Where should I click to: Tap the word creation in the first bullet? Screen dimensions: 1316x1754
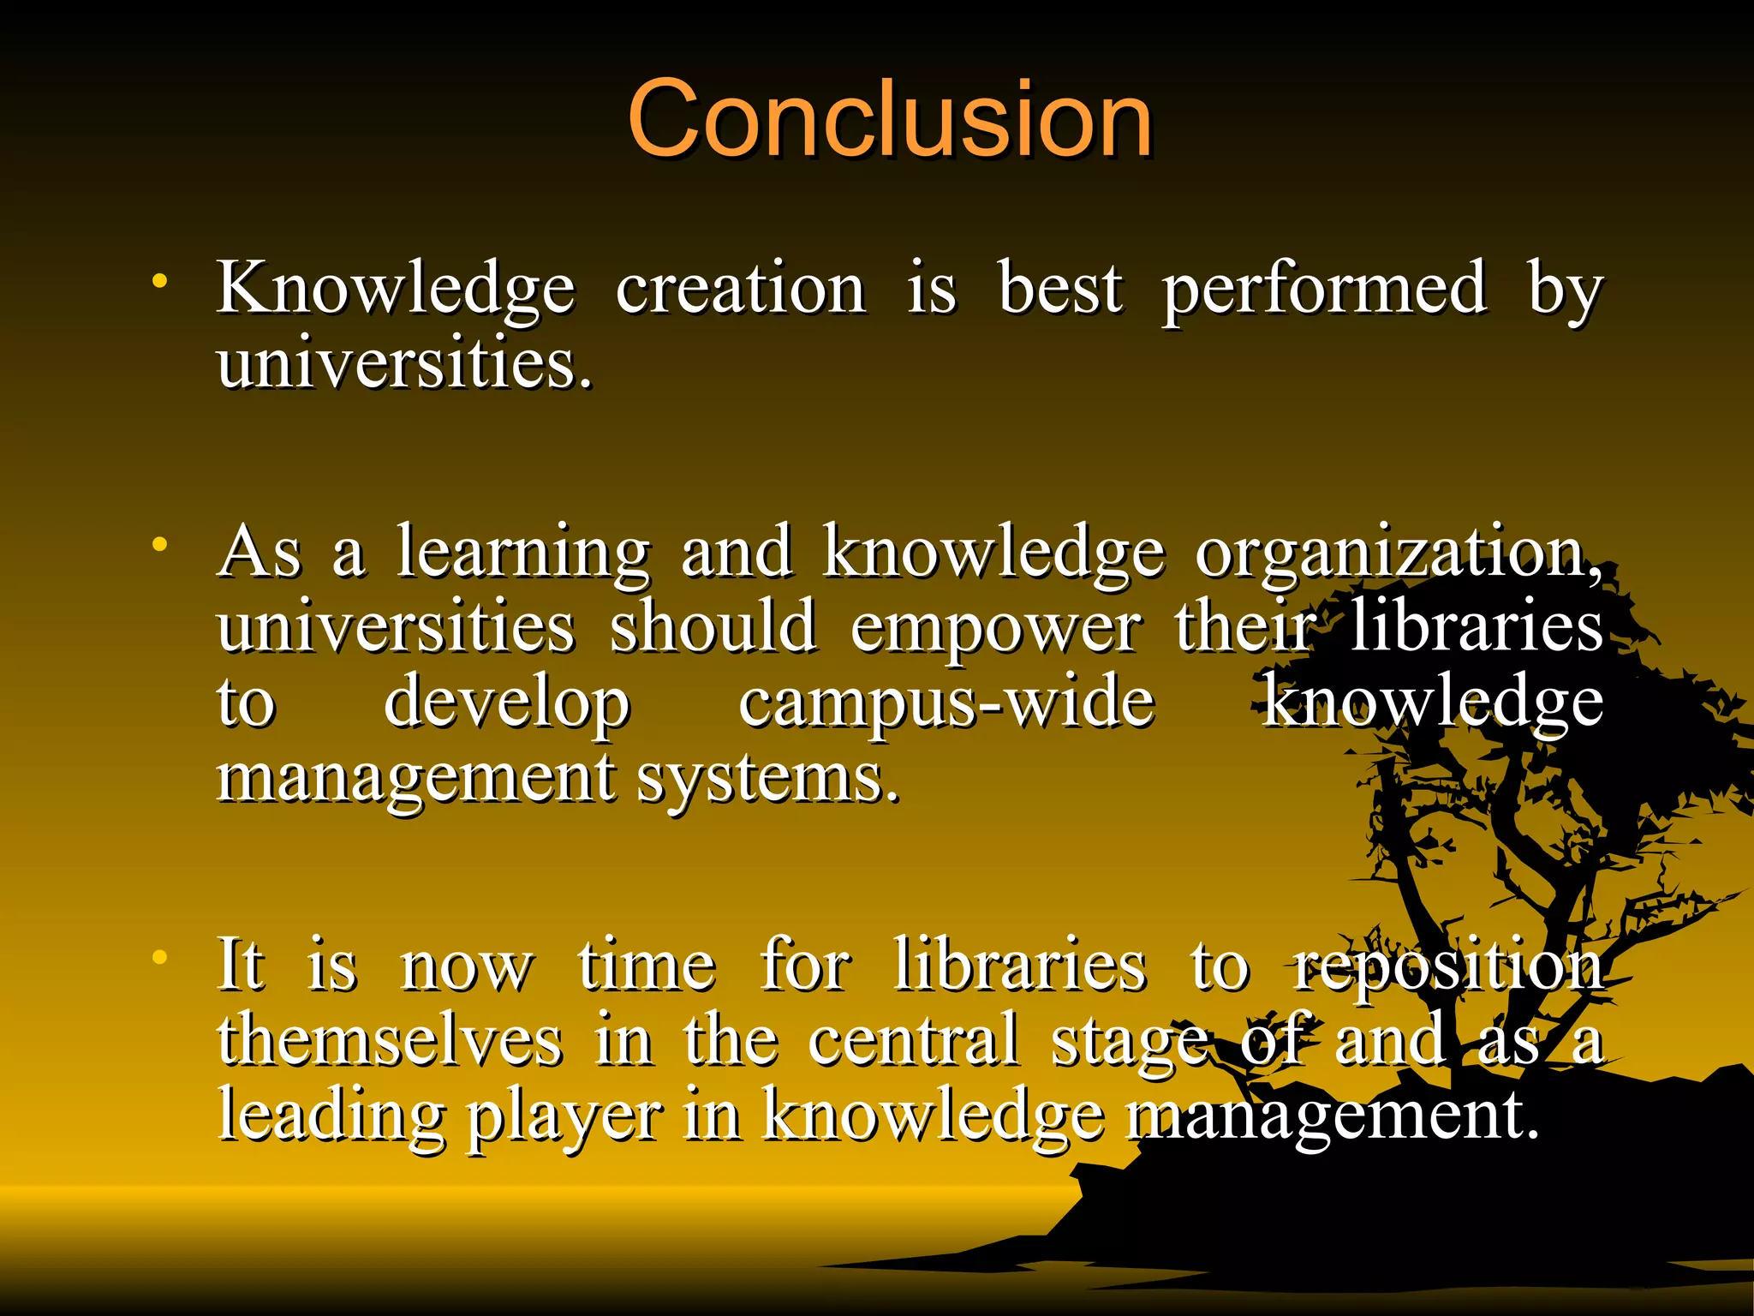(741, 289)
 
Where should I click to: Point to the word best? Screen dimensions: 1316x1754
(1060, 289)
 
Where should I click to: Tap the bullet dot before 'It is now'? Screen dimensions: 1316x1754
(159, 957)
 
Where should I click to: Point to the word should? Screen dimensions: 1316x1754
(713, 627)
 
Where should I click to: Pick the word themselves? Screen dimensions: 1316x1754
(391, 1041)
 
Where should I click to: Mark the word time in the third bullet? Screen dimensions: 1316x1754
(647, 966)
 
